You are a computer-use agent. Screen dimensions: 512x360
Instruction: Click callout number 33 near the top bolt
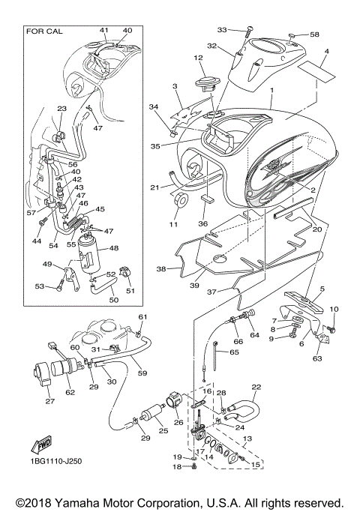tap(221, 29)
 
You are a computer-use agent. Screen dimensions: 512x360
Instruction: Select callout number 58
tap(314, 34)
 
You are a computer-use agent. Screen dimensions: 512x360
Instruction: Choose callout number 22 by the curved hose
tap(256, 388)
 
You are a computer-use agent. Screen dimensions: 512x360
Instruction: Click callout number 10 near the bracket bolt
tap(334, 310)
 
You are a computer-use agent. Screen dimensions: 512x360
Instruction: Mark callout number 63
tap(317, 358)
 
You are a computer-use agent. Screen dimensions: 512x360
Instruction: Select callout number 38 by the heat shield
tap(161, 268)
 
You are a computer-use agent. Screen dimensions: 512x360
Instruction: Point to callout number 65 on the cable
tap(235, 352)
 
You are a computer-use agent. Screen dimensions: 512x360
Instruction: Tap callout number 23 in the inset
tap(61, 109)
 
